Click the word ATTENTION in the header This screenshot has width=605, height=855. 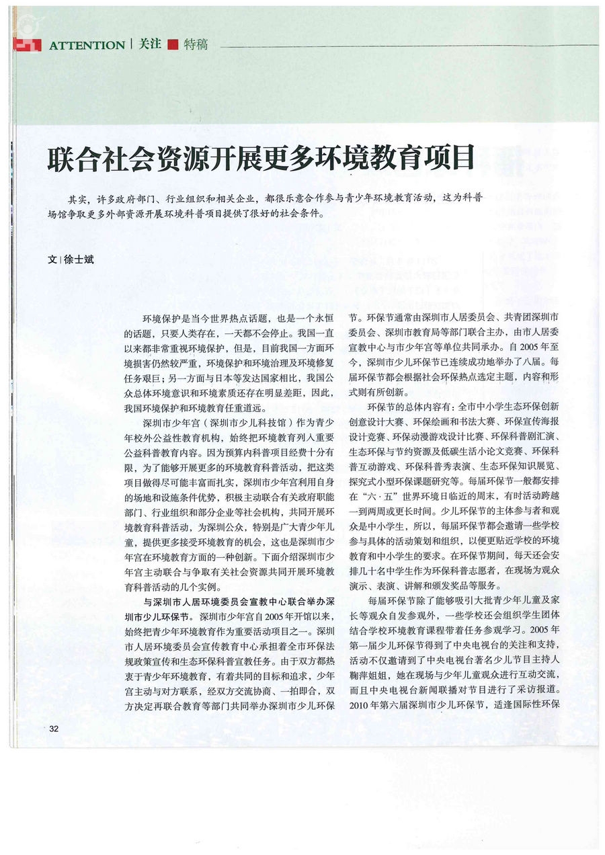(x=87, y=46)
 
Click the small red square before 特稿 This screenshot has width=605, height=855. (x=173, y=46)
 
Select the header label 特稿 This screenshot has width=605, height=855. (x=195, y=45)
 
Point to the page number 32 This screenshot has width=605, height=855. (x=54, y=729)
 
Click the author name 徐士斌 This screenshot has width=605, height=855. (x=79, y=259)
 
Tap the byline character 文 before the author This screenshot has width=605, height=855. (x=52, y=259)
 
